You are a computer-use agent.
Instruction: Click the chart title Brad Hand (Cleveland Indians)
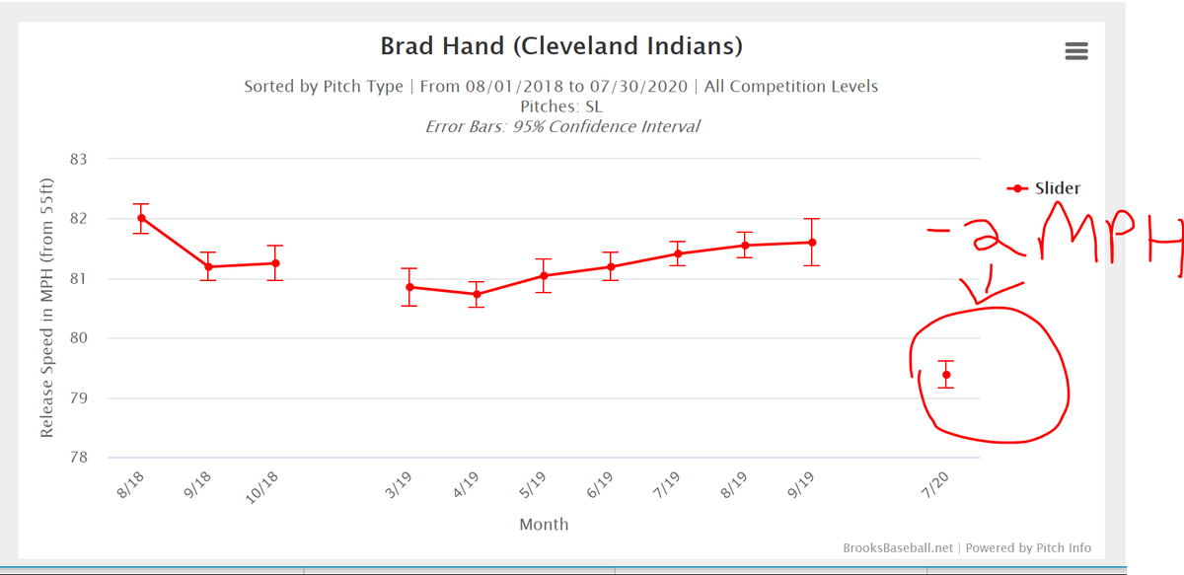coord(560,46)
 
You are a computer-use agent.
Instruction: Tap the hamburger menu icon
coord(1076,51)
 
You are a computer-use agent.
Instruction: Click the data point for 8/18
coord(142,218)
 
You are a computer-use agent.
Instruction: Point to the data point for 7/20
coord(946,375)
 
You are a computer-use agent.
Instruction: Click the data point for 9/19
coord(812,242)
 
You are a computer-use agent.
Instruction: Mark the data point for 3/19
coord(410,287)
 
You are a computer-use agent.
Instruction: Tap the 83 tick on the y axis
coord(78,159)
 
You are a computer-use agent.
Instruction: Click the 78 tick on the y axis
coord(78,458)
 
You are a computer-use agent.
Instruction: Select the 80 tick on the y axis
coord(78,338)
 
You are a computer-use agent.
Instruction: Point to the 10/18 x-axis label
coord(261,487)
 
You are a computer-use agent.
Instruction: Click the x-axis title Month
coord(544,524)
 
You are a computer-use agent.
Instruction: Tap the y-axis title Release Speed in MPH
coord(46,308)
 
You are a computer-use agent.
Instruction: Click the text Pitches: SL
coord(560,106)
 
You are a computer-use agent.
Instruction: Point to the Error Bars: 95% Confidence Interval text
coord(561,126)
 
